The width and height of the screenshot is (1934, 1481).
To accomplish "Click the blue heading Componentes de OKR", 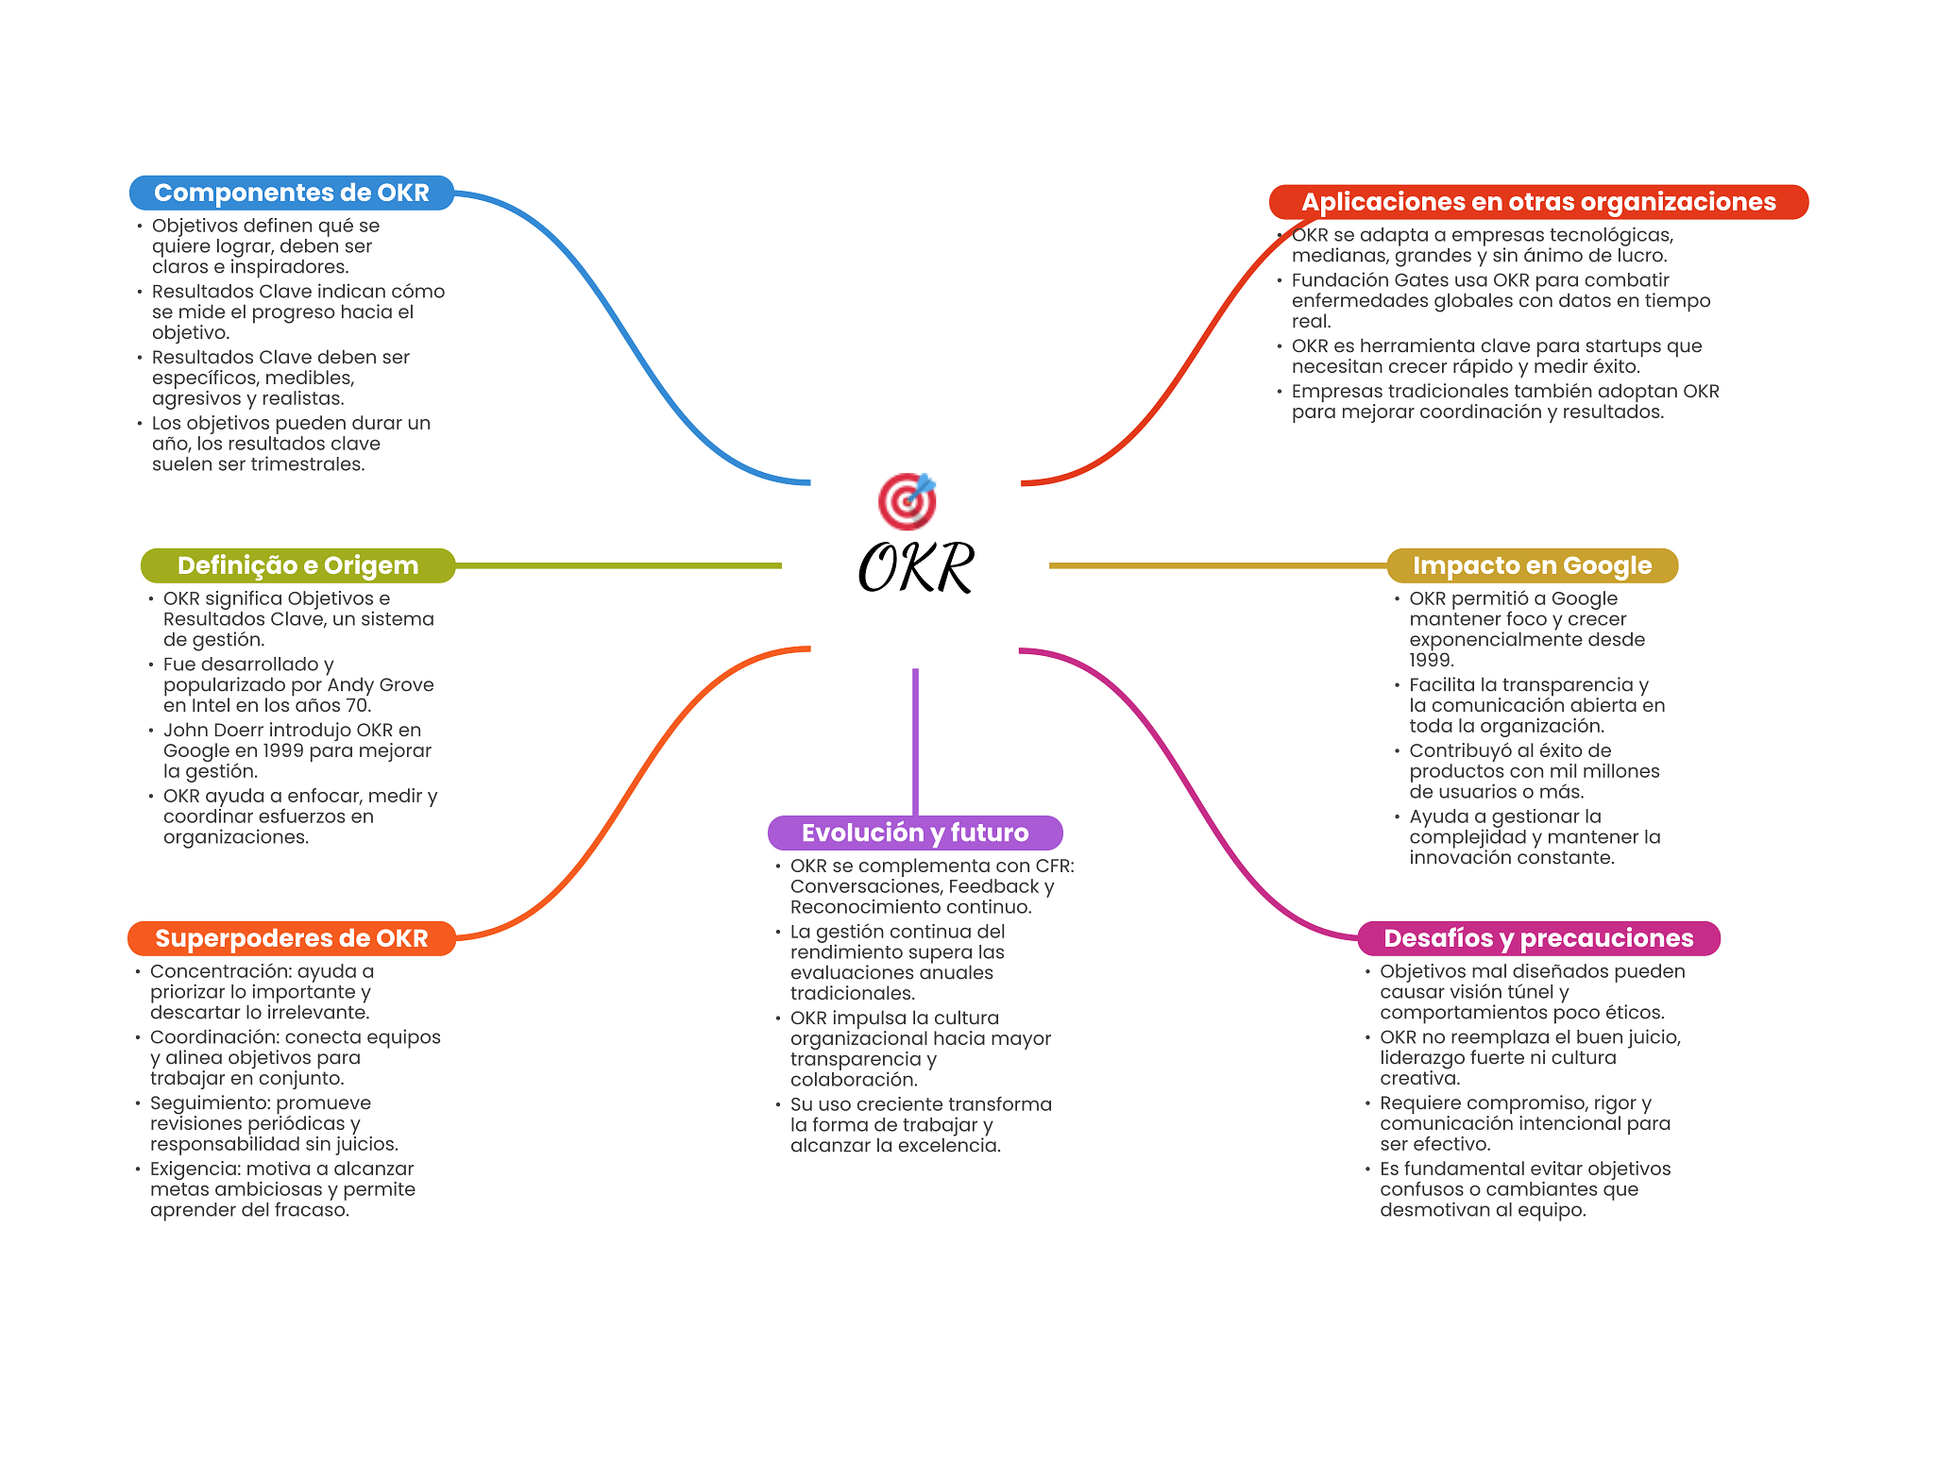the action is click(292, 193).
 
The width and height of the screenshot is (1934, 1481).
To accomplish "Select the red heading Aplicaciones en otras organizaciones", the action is click(1538, 202).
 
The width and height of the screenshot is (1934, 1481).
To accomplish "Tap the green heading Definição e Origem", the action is click(297, 565).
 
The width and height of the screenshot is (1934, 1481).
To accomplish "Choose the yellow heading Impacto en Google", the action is click(1532, 565).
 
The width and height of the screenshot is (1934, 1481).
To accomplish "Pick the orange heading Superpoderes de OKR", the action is click(292, 938).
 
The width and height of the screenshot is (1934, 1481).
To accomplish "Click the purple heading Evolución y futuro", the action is click(915, 833).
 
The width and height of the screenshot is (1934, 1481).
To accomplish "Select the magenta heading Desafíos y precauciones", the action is click(1538, 938).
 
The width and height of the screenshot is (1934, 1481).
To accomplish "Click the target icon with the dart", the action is click(908, 500).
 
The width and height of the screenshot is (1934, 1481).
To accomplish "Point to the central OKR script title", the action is click(916, 567).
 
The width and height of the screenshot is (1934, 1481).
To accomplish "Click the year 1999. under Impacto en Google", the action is click(1432, 661).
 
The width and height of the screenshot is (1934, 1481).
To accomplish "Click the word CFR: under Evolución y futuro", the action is click(1055, 866).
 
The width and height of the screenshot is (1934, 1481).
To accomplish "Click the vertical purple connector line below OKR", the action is click(915, 742).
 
